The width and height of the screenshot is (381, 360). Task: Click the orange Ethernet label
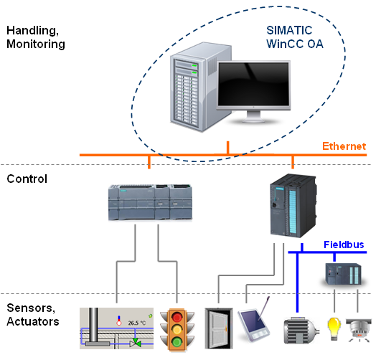pyautogui.click(x=344, y=146)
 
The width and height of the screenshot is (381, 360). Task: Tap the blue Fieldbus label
pyautogui.click(x=344, y=245)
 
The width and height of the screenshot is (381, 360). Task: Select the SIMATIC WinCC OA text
pyautogui.click(x=295, y=37)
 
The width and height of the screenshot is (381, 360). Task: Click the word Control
pyautogui.click(x=27, y=179)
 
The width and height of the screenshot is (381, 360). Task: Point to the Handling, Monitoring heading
pyautogui.click(x=36, y=37)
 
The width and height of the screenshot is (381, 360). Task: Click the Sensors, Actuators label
pyautogui.click(x=33, y=315)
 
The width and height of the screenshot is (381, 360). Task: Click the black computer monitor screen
pyautogui.click(x=253, y=84)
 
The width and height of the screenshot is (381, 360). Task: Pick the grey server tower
pyautogui.click(x=200, y=87)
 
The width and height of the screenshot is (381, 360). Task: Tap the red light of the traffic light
pyautogui.click(x=177, y=317)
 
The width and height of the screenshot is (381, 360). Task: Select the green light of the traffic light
pyautogui.click(x=177, y=342)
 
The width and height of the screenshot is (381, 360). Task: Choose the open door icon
pyautogui.click(x=219, y=328)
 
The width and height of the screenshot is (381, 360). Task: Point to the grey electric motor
pyautogui.click(x=301, y=331)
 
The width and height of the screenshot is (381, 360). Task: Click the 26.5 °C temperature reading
pyautogui.click(x=137, y=323)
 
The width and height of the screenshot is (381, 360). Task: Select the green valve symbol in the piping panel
pyautogui.click(x=135, y=343)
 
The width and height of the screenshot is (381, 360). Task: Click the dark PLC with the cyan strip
pyautogui.click(x=293, y=206)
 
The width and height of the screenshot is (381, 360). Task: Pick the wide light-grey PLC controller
pyautogui.click(x=150, y=203)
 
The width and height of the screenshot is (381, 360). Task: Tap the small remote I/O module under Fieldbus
pyautogui.click(x=344, y=274)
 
